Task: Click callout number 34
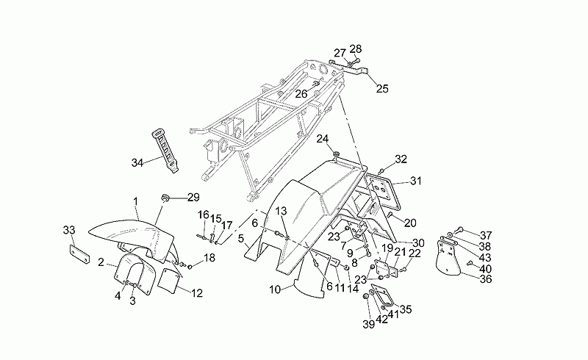[137, 163]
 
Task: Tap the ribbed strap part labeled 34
[165, 151]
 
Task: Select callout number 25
[382, 89]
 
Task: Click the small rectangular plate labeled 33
[80, 255]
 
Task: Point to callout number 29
[193, 197]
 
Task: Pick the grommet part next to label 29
[165, 197]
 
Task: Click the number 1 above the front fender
[136, 202]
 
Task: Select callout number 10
[275, 290]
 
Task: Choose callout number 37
[486, 236]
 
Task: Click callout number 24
[323, 139]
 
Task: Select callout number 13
[282, 211]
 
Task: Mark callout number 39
[369, 325]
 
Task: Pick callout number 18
[209, 258]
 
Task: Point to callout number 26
[301, 94]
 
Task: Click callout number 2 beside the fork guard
[101, 262]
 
